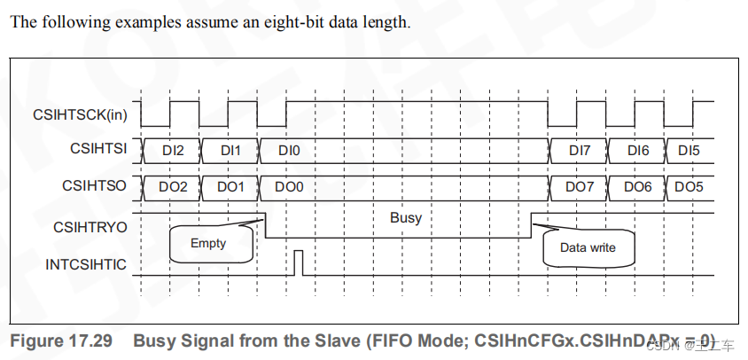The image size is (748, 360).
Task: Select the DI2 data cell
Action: [x=173, y=150]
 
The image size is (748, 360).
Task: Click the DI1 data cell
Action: [x=230, y=150]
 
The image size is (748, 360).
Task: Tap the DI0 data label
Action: [x=289, y=150]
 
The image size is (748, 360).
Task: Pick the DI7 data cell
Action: [x=579, y=150]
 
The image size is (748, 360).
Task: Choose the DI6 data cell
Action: [x=637, y=150]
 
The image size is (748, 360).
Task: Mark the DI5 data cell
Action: [x=689, y=150]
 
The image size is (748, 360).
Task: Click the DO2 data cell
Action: [x=173, y=187]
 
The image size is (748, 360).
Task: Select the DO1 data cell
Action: [x=230, y=187]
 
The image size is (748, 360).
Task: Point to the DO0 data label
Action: [x=289, y=187]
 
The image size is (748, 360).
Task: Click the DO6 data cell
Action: [x=637, y=187]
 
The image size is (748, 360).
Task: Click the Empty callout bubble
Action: [x=209, y=243]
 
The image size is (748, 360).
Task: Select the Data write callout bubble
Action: [x=588, y=247]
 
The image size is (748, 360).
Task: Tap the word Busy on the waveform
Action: [x=406, y=217]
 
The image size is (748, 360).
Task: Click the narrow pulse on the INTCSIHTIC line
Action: [x=299, y=262]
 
